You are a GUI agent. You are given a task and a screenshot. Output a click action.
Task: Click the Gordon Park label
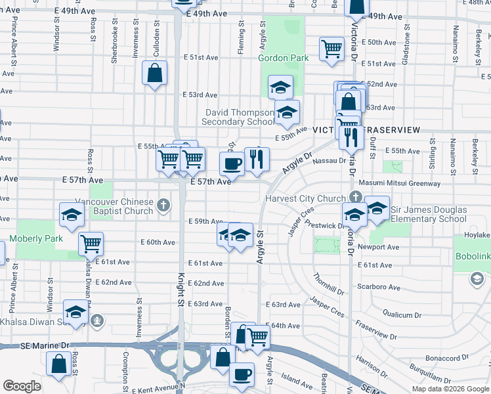coord(283,58)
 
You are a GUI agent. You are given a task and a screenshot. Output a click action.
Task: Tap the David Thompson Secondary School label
coord(238,117)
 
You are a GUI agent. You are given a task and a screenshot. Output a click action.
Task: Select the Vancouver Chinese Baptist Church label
coord(114,206)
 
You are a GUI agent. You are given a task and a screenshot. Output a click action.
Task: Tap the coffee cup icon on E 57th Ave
coord(232,164)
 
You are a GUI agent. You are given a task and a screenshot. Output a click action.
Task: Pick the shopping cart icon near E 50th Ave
coord(332,49)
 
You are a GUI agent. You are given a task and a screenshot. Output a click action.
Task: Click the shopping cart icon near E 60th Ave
coord(91,244)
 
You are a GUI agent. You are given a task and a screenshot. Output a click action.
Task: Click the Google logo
coord(22,386)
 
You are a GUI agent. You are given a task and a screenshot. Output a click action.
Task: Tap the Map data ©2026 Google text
coord(450,389)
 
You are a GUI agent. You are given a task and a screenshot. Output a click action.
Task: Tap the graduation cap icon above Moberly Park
coord(71,213)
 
